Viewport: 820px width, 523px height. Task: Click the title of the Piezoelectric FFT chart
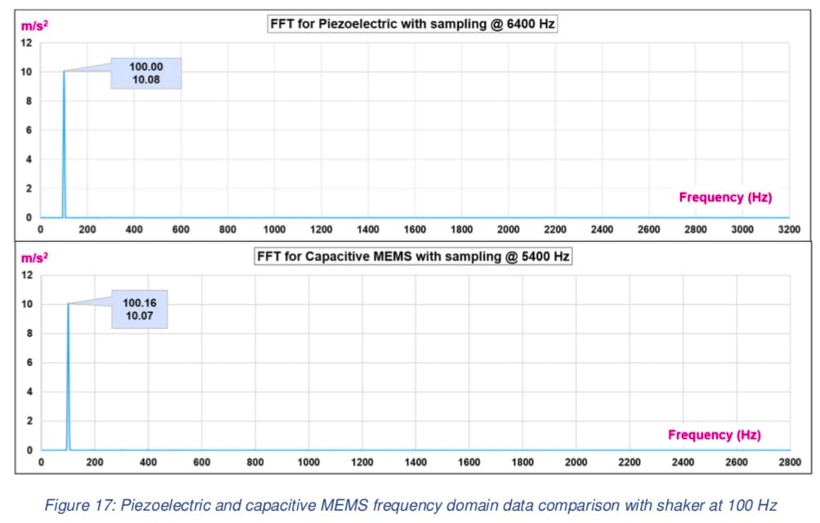point(413,24)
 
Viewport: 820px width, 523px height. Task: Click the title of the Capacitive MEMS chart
point(413,257)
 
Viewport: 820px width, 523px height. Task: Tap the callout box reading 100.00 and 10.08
point(146,74)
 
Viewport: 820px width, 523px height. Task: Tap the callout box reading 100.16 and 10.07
point(139,309)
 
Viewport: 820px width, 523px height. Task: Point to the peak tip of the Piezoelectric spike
point(64,72)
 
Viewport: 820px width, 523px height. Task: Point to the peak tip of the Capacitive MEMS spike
point(68,304)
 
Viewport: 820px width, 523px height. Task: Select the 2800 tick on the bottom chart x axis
point(790,463)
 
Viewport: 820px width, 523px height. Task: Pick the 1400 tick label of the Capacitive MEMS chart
point(415,463)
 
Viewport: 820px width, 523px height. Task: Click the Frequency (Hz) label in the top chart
point(725,197)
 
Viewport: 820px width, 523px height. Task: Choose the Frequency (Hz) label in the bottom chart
point(715,435)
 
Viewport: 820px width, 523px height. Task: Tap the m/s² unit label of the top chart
point(34,25)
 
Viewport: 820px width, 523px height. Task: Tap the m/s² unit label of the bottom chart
point(34,257)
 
